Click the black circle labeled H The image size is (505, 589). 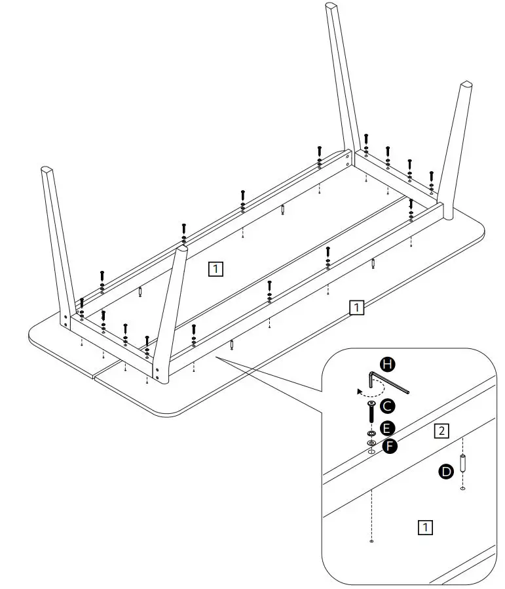388,364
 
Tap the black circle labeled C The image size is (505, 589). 388,406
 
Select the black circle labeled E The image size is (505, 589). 388,429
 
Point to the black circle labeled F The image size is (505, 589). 391,447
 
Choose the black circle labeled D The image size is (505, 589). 446,471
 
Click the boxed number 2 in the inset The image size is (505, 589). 442,431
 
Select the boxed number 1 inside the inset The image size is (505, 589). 425,527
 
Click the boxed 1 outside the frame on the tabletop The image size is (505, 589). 356,307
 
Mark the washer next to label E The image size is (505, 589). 370,434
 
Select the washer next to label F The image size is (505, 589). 371,443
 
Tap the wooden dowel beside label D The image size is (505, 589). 463,464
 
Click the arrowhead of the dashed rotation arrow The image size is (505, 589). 359,391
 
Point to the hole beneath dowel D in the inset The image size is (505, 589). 463,489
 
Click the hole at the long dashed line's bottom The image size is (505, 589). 371,542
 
